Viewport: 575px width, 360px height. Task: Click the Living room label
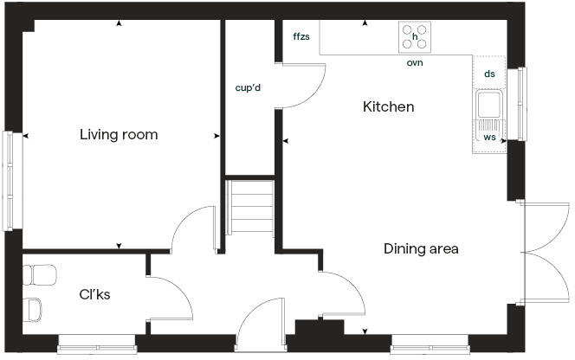(x=119, y=135)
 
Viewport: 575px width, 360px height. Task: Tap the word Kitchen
(x=388, y=107)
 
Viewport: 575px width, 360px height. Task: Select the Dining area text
(x=421, y=249)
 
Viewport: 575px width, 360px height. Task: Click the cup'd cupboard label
(x=249, y=87)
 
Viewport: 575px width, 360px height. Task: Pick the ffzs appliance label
(x=301, y=36)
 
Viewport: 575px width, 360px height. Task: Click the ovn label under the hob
(x=415, y=63)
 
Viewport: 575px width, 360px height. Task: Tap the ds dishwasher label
(x=490, y=75)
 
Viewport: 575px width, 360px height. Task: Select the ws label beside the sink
(x=490, y=138)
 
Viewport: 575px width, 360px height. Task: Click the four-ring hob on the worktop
(x=415, y=38)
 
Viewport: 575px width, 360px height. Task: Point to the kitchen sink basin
(x=489, y=106)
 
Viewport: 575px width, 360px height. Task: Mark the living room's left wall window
(x=11, y=180)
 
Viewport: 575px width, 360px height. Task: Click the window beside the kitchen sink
(x=521, y=104)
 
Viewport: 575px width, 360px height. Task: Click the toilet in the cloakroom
(x=35, y=307)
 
